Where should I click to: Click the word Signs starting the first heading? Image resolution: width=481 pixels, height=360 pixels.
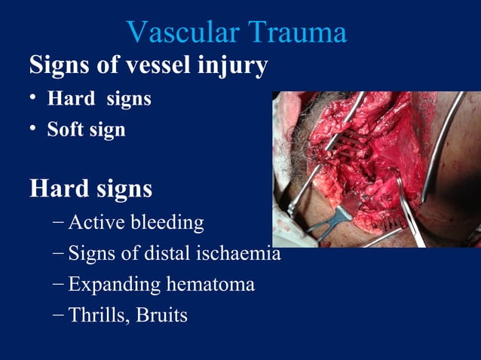click(x=60, y=66)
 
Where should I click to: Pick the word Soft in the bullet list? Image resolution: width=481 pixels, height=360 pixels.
click(x=64, y=130)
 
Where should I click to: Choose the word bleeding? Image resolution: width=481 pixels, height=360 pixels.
click(x=167, y=224)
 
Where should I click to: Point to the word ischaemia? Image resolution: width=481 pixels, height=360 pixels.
click(x=244, y=254)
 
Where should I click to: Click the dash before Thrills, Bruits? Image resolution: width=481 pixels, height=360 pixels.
click(x=59, y=315)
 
